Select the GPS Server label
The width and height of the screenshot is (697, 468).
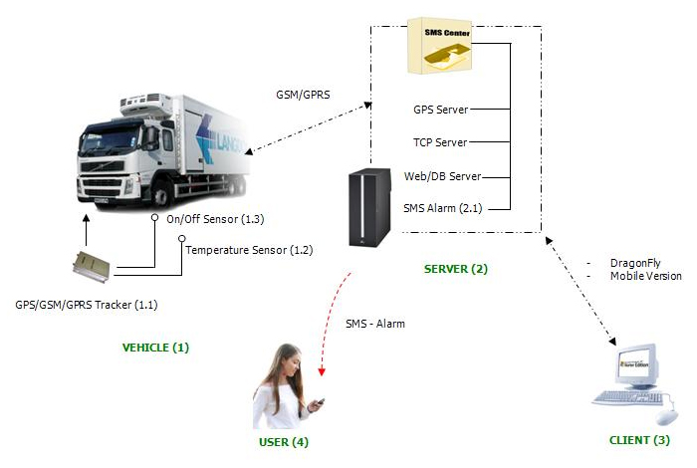point(440,109)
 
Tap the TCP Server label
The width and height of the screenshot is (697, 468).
point(440,142)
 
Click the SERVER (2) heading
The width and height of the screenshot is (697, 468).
point(456,269)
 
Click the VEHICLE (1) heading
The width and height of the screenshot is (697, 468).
point(154,348)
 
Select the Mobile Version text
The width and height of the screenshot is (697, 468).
point(645,276)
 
